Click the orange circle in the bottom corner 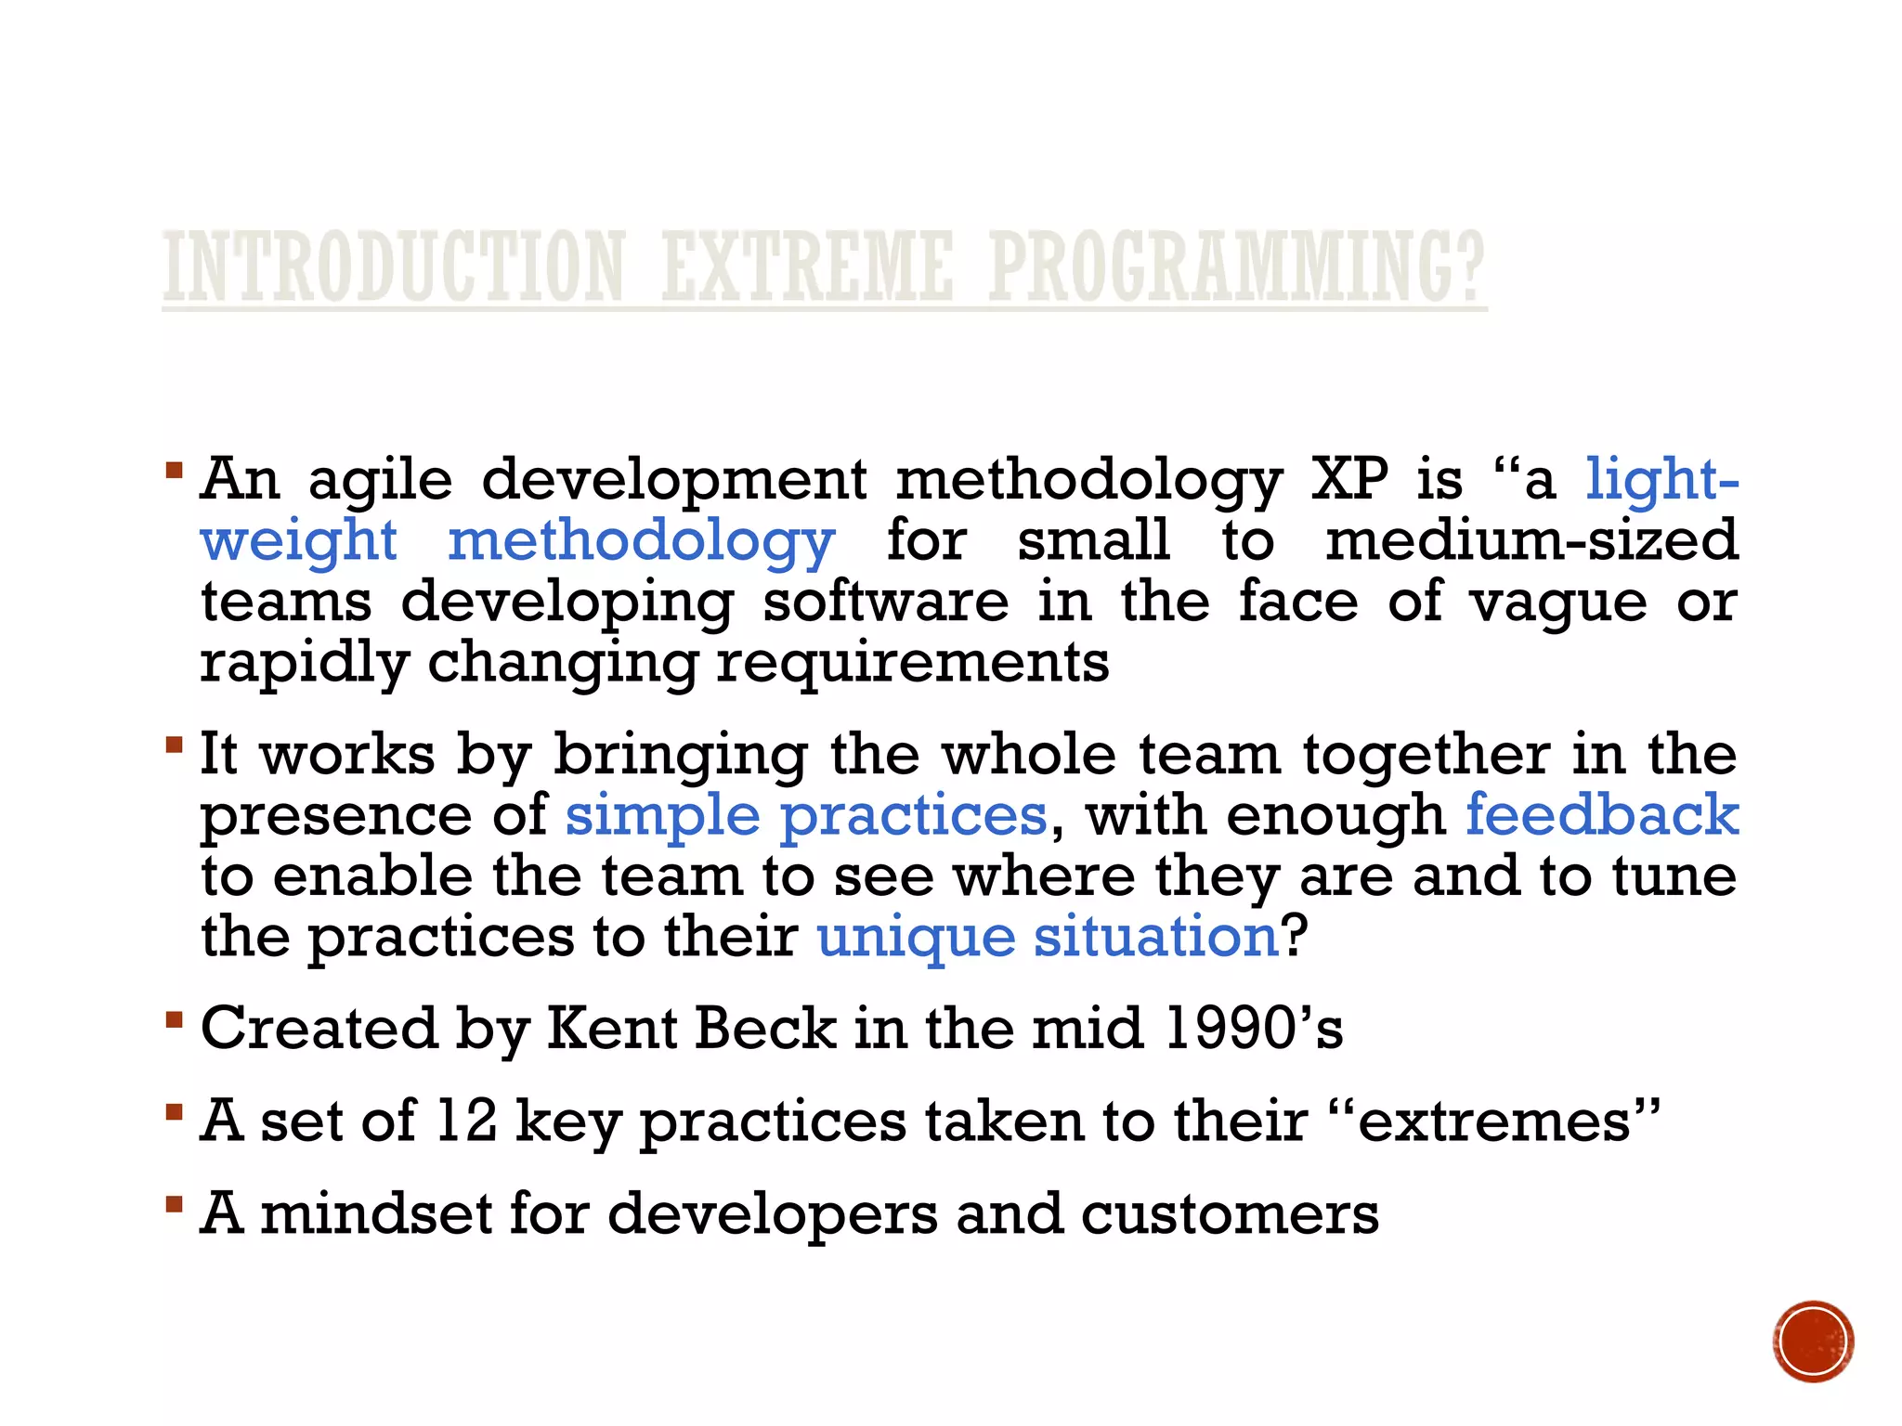(1813, 1342)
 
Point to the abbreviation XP (1349, 480)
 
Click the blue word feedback (1602, 815)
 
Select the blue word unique (916, 937)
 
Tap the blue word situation (1156, 937)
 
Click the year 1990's (1253, 1029)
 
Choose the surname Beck (765, 1029)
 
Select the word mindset (376, 1213)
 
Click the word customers (1230, 1214)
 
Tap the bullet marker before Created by (174, 1020)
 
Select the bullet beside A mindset (174, 1205)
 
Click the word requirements (913, 664)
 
